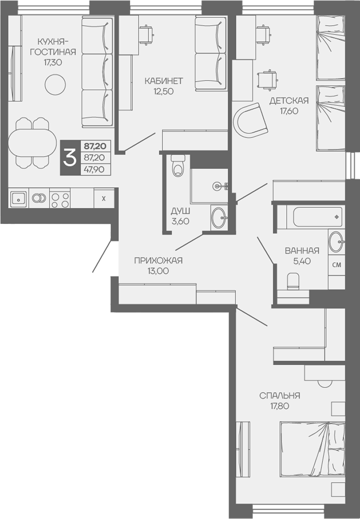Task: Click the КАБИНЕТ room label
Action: [x=164, y=81]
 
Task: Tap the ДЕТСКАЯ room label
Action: [x=289, y=101]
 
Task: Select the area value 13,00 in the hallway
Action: [x=158, y=271]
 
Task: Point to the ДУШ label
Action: [x=180, y=211]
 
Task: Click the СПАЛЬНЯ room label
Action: [x=280, y=395]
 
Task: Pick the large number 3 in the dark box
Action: [x=70, y=157]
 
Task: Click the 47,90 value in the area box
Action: [x=94, y=169]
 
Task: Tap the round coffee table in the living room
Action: [x=55, y=85]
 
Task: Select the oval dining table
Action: [x=32, y=143]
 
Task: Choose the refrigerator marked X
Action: [x=104, y=199]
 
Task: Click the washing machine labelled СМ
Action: [x=337, y=265]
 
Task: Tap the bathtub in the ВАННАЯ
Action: [x=318, y=217]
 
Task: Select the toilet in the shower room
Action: [x=178, y=166]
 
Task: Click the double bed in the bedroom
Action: [x=312, y=449]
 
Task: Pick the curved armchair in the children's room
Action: [x=251, y=120]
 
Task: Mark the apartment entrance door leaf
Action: [x=102, y=256]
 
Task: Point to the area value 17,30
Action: [x=53, y=62]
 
